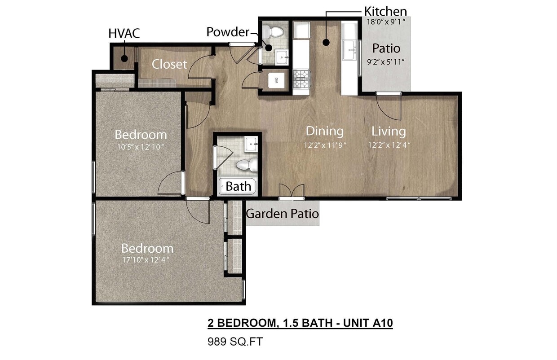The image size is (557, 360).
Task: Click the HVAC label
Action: (x=124, y=33)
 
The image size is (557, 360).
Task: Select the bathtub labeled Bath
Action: (x=237, y=186)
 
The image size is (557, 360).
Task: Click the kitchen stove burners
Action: (x=301, y=79)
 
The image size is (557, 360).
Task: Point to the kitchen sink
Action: (x=349, y=49)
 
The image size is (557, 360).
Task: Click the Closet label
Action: (x=169, y=64)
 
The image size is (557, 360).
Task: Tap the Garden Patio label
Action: (x=282, y=213)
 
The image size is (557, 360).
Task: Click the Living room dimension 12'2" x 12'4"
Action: (x=389, y=145)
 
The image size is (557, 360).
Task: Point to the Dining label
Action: (x=324, y=131)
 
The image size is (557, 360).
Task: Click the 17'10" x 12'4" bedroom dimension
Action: (x=147, y=259)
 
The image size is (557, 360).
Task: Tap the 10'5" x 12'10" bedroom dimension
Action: (x=141, y=146)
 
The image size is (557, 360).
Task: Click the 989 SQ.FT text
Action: (x=234, y=342)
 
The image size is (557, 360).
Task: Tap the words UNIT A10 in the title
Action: (x=367, y=323)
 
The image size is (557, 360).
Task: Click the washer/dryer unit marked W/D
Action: (x=276, y=81)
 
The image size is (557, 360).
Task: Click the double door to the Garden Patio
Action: (x=292, y=192)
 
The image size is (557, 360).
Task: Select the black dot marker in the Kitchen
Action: (x=326, y=43)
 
